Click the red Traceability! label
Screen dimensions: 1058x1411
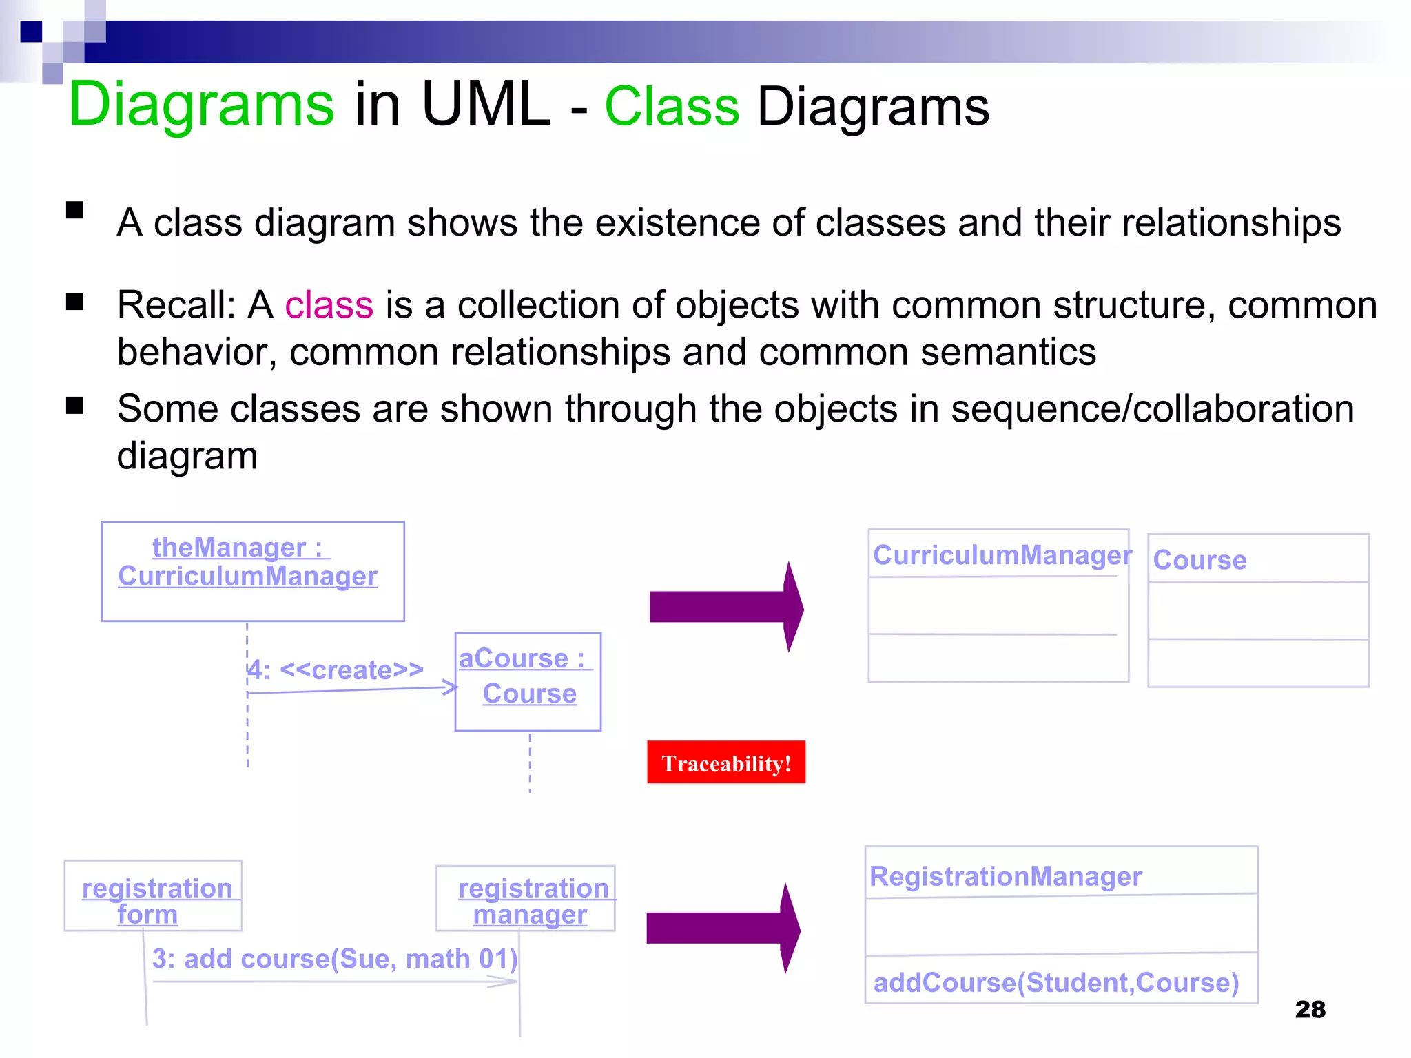(x=725, y=763)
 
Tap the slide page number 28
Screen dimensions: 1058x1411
(x=1310, y=1009)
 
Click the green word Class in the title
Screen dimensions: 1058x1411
(x=672, y=107)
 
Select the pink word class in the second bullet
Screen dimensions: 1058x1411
(x=329, y=305)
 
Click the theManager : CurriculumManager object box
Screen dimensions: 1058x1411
(x=253, y=571)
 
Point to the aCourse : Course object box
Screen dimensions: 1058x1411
(x=528, y=681)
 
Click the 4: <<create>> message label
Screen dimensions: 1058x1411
(x=336, y=670)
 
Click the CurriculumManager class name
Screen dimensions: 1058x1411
(x=1001, y=555)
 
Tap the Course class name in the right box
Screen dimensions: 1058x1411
(x=1199, y=560)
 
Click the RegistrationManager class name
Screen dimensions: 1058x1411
(x=1005, y=877)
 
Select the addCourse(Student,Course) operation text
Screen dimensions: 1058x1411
(x=1055, y=983)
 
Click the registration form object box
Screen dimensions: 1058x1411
(x=153, y=896)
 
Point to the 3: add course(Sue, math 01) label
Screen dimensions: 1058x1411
(x=334, y=959)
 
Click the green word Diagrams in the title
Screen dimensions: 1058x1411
(x=201, y=105)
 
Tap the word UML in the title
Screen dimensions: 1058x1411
(x=486, y=105)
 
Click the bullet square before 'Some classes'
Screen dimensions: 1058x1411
(x=74, y=406)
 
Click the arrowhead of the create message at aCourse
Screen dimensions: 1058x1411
(x=450, y=687)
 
